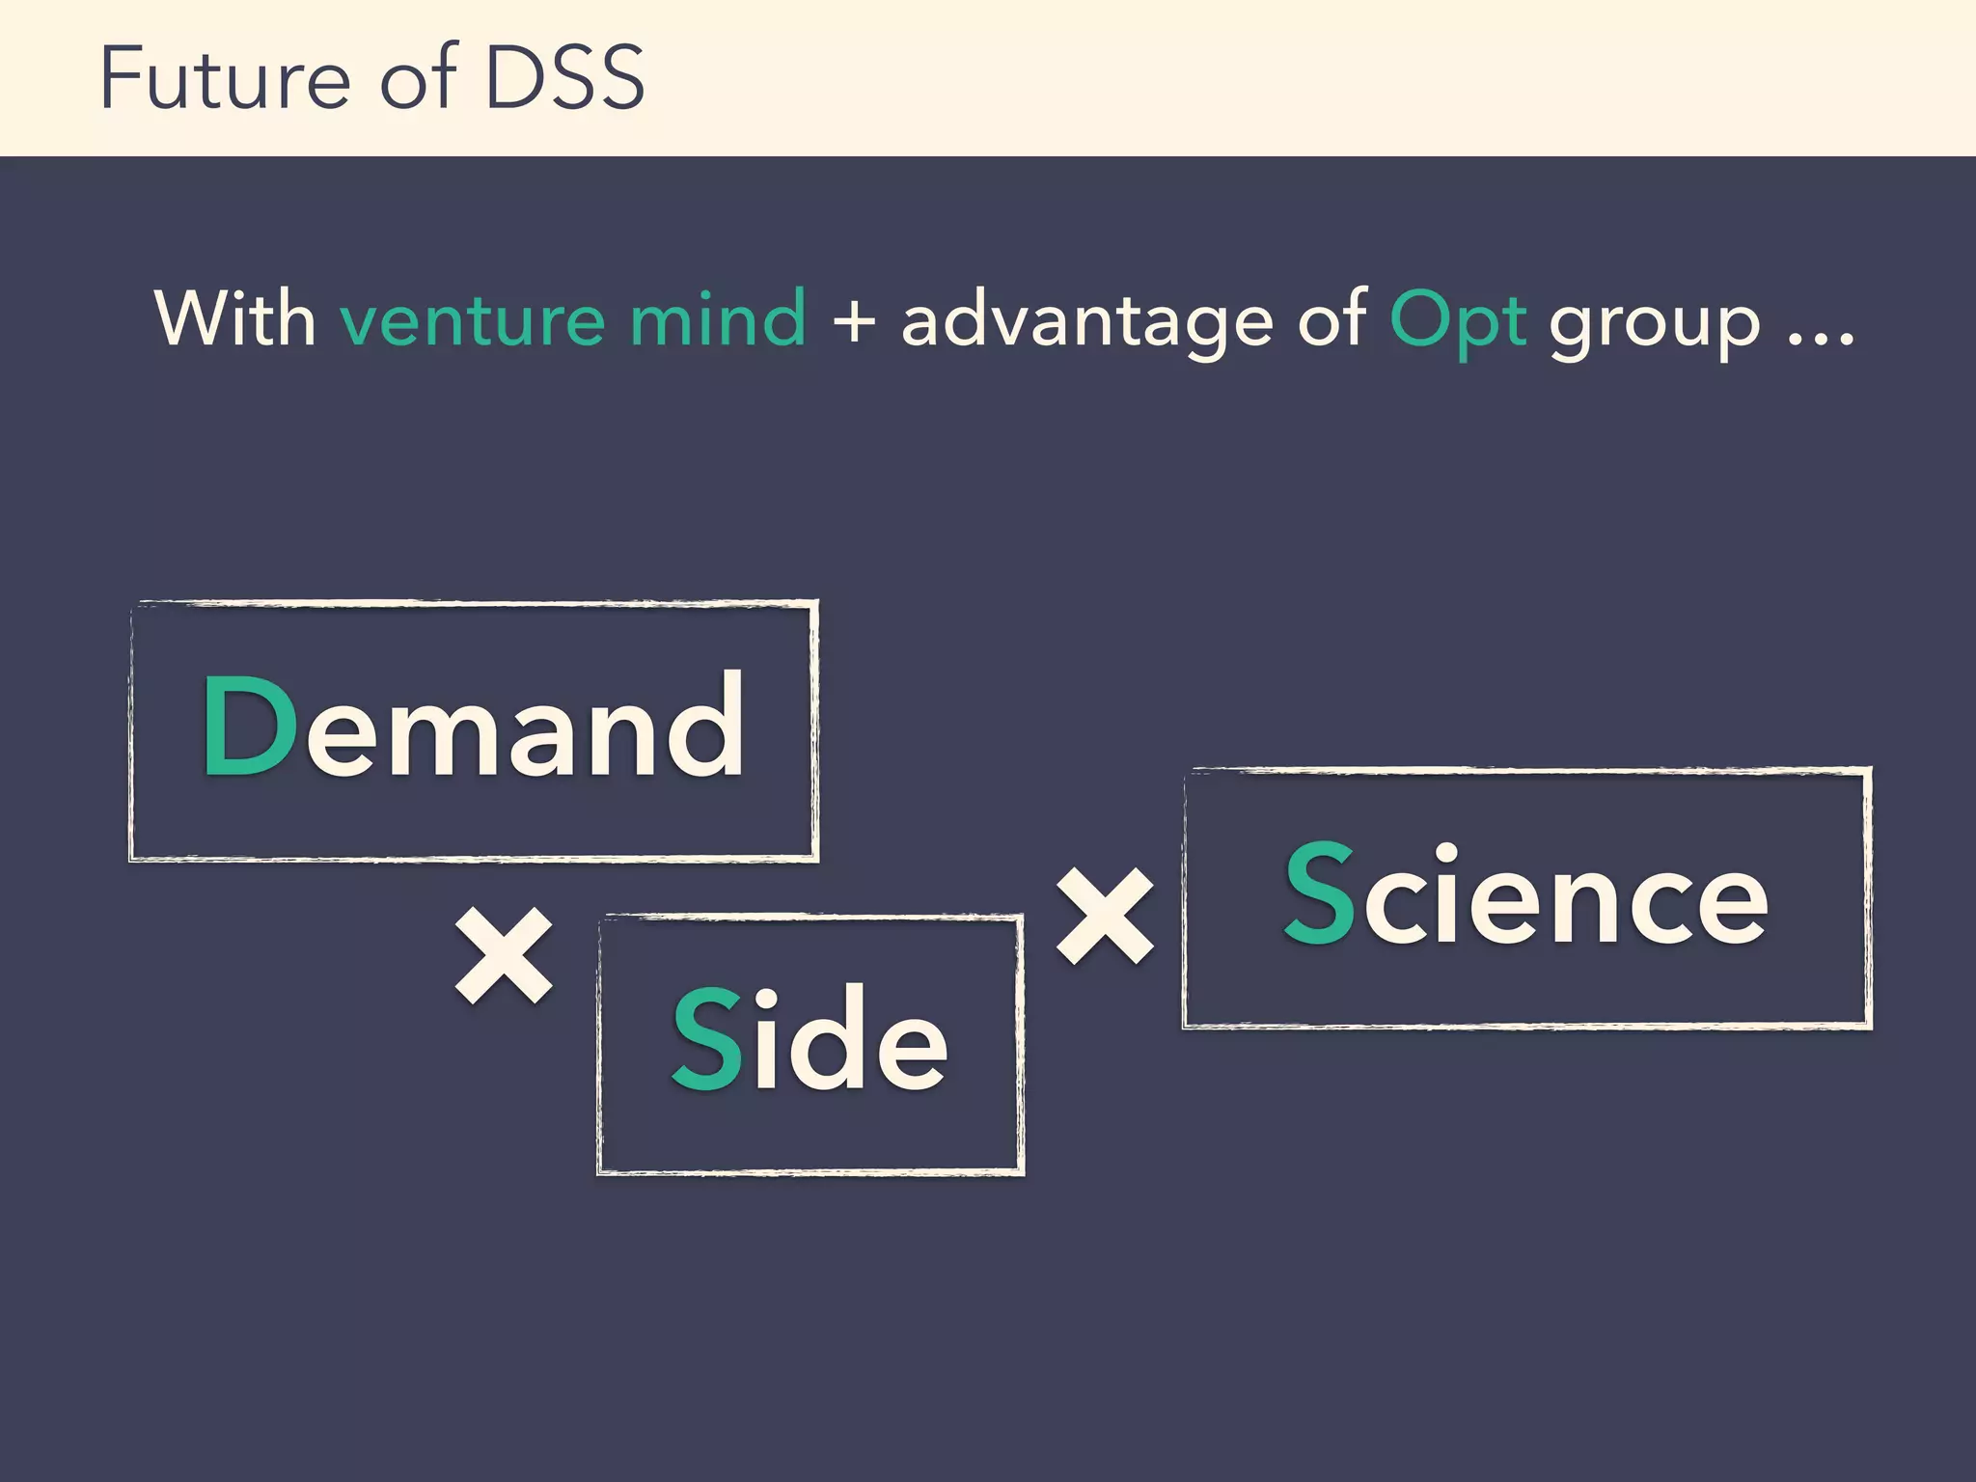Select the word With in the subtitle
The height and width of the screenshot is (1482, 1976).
coord(234,318)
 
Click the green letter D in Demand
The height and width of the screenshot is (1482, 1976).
coord(249,726)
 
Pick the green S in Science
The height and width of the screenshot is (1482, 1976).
coord(1319,892)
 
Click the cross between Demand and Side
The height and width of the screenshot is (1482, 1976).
coord(504,955)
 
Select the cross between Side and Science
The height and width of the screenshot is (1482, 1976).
coord(1105,916)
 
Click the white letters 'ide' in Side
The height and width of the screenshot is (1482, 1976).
coord(850,1039)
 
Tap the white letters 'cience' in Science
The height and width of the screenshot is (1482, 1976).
coord(1563,897)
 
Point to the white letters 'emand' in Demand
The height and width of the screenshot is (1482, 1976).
coord(526,728)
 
